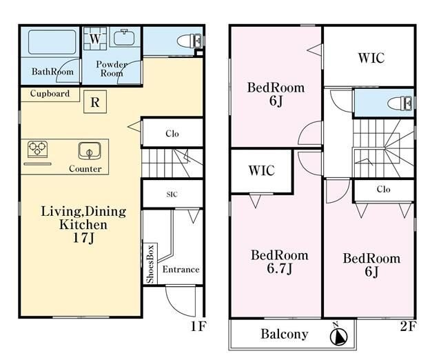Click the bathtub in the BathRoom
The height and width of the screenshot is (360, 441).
pyautogui.click(x=52, y=42)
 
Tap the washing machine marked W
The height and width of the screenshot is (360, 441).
pyautogui.click(x=95, y=39)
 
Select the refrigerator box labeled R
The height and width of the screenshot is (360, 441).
pyautogui.click(x=95, y=102)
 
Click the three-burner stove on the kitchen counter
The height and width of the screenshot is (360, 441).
pyautogui.click(x=37, y=150)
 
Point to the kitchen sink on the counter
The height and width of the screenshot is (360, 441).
pyautogui.click(x=90, y=151)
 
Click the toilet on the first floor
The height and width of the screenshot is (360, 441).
pyautogui.click(x=189, y=41)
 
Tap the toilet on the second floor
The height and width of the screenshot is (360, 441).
pyautogui.click(x=400, y=103)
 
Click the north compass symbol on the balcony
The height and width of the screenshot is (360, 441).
pyautogui.click(x=338, y=335)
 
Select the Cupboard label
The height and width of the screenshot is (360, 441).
pyautogui.click(x=50, y=93)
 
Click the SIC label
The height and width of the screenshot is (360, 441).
pyautogui.click(x=172, y=194)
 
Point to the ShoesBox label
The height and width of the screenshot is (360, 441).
pyautogui.click(x=150, y=264)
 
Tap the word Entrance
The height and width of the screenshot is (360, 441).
pyautogui.click(x=181, y=270)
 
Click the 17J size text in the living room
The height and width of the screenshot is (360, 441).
pyautogui.click(x=83, y=238)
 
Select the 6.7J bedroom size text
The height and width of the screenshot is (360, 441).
pyautogui.click(x=280, y=268)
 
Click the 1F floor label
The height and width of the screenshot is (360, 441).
pyautogui.click(x=198, y=326)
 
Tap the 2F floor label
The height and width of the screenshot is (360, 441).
pyautogui.click(x=407, y=326)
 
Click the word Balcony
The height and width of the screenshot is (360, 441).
pyautogui.click(x=285, y=334)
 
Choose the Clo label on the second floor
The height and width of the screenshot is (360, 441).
pyautogui.click(x=383, y=189)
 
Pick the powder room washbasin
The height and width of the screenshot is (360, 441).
pyautogui.click(x=124, y=37)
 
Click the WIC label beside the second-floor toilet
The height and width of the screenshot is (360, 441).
pyautogui.click(x=371, y=58)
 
